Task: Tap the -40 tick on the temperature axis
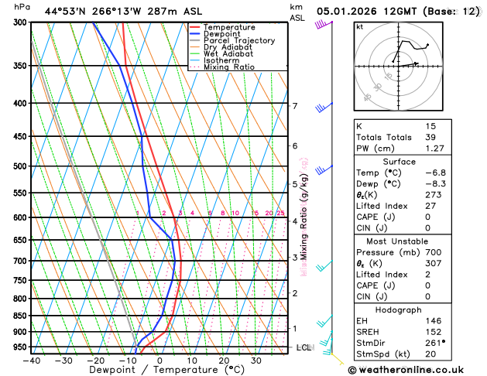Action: click(31, 360)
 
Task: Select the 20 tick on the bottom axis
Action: click(224, 360)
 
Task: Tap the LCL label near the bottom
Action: click(304, 347)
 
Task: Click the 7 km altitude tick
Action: click(294, 106)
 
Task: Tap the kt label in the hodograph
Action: click(359, 27)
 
